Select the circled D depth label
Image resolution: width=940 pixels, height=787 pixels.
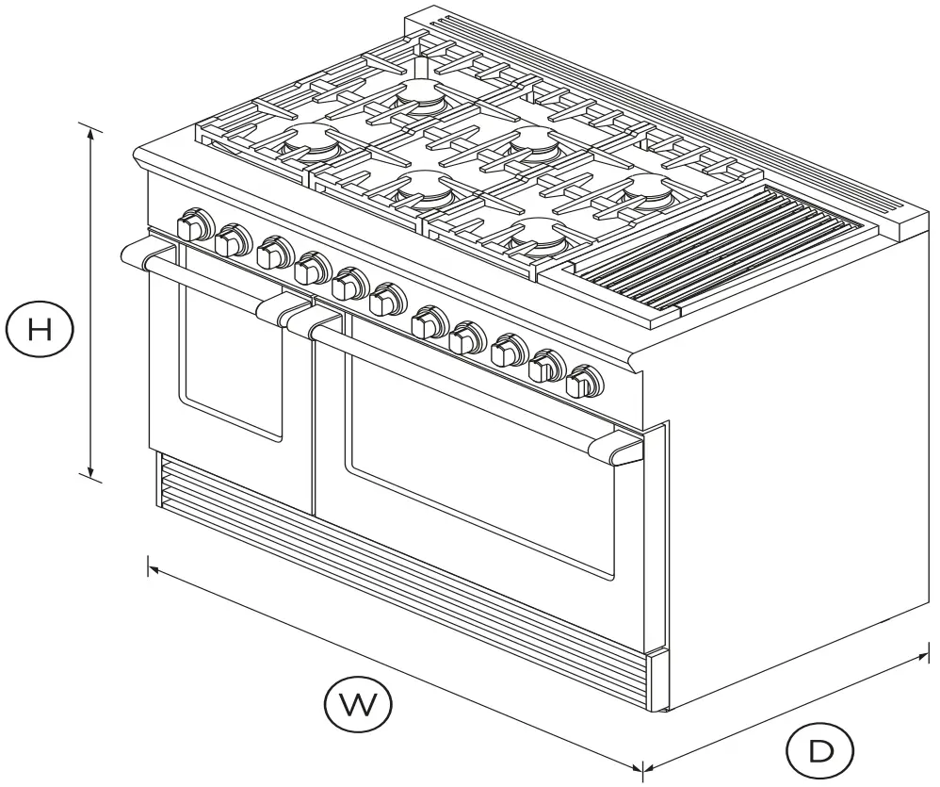[x=820, y=751]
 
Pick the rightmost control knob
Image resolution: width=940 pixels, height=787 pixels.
[x=583, y=383]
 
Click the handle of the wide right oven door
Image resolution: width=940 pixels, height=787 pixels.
[x=471, y=387]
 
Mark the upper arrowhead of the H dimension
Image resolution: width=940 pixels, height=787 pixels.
[x=91, y=132]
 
